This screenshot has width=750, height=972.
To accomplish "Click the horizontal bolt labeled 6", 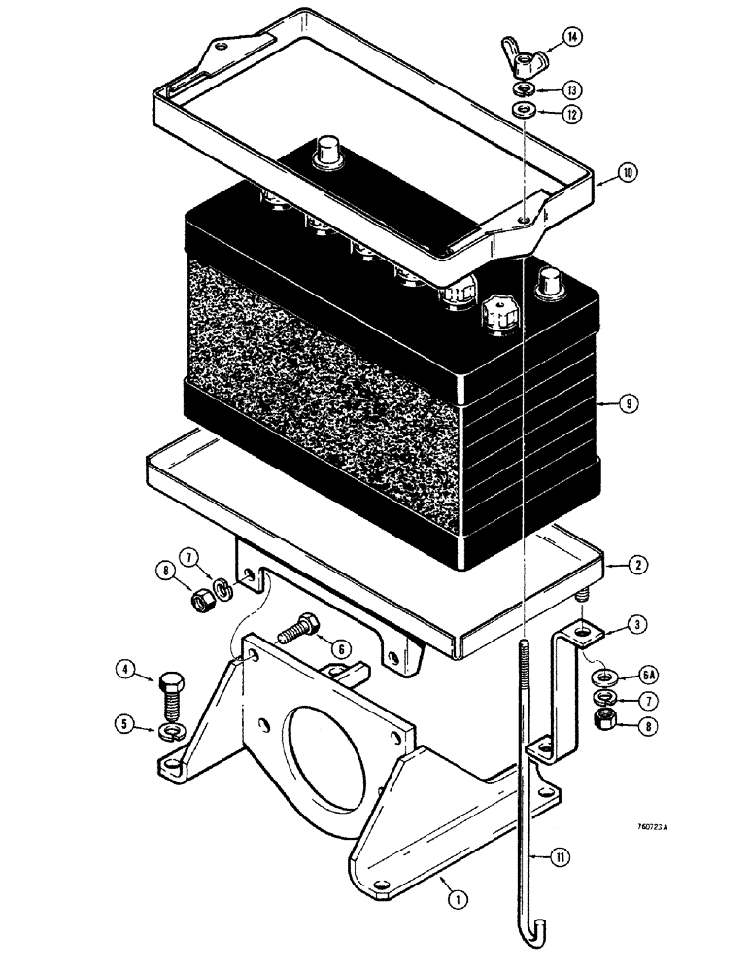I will (293, 633).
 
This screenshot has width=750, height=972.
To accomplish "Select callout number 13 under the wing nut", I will (575, 88).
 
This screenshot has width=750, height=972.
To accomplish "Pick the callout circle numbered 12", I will (575, 114).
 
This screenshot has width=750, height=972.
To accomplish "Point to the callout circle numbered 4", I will (125, 669).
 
